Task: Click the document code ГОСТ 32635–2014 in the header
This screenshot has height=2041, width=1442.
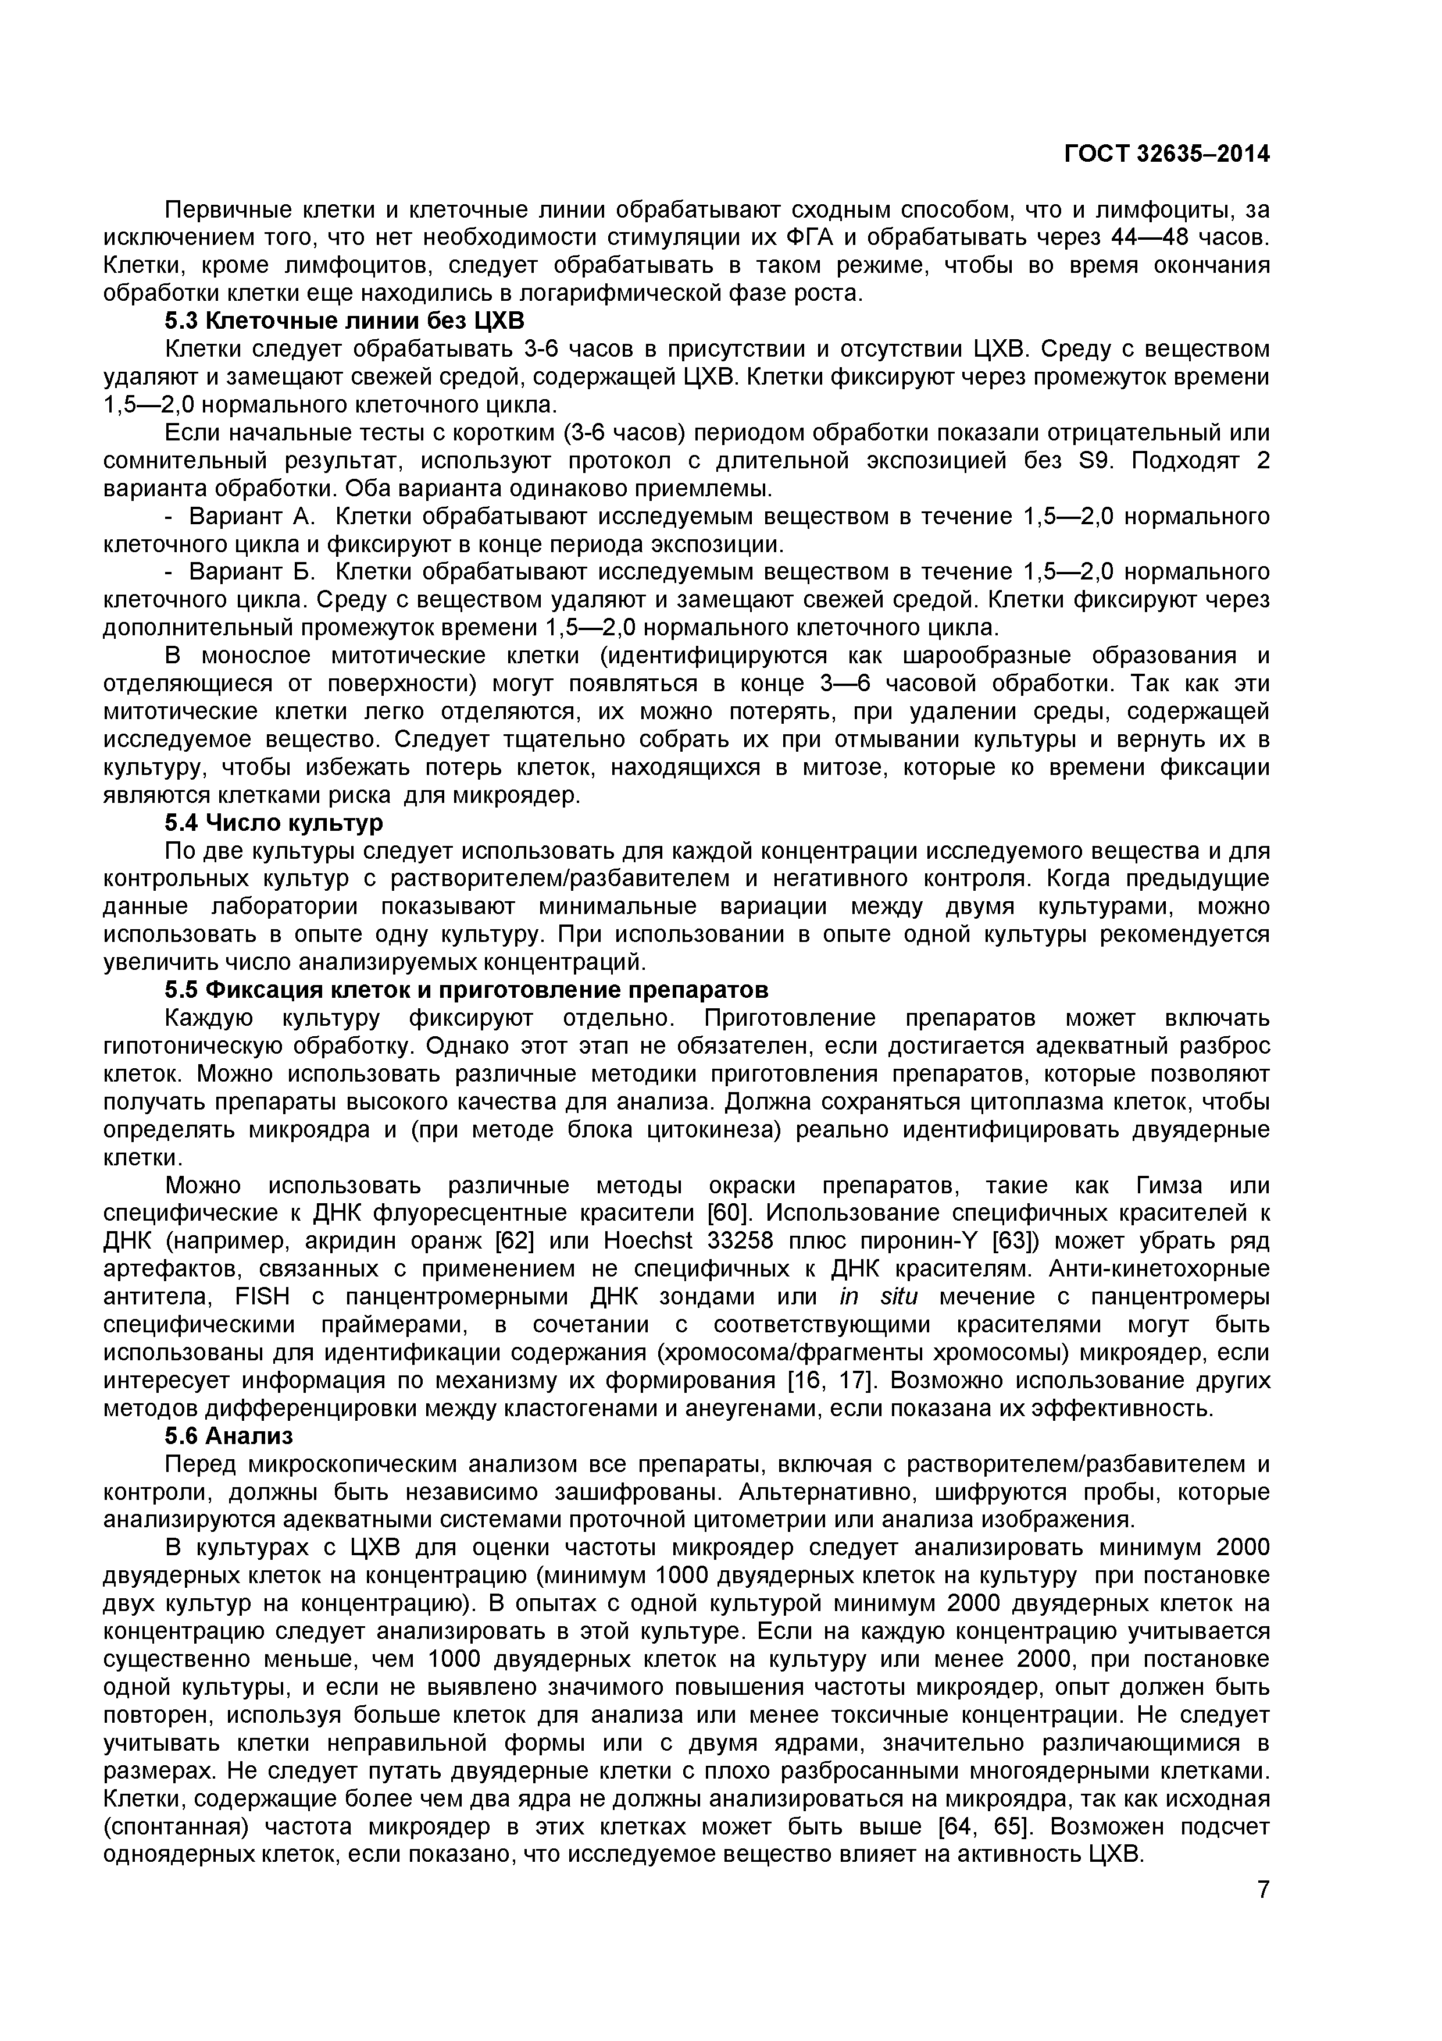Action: [1166, 154]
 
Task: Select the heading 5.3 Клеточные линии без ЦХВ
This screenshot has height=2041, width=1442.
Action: [345, 321]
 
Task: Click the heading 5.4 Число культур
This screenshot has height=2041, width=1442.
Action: [274, 823]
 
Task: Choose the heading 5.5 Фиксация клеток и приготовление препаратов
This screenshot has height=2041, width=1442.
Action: [466, 990]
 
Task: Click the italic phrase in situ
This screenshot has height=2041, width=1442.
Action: [878, 1297]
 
